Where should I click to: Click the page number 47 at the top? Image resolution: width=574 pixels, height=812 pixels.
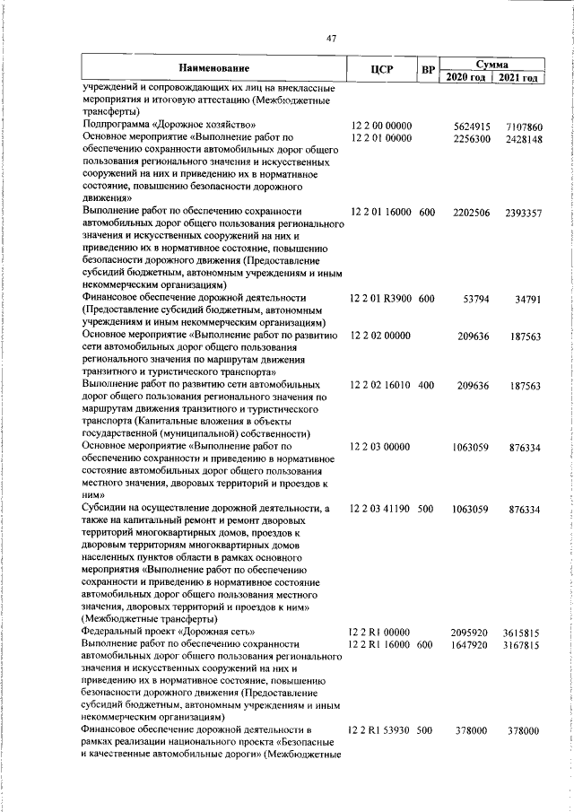pyautogui.click(x=331, y=38)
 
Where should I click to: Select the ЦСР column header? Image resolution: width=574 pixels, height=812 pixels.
pyautogui.click(x=382, y=70)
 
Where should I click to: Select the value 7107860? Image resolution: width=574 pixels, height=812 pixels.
pyautogui.click(x=523, y=127)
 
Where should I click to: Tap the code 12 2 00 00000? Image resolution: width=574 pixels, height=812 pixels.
pyautogui.click(x=381, y=127)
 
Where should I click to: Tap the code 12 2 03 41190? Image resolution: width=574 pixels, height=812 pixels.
pyautogui.click(x=381, y=509)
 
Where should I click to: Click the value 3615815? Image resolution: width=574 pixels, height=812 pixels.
pyautogui.click(x=523, y=632)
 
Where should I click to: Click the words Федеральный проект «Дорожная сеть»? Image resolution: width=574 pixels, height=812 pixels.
pyautogui.click(x=170, y=632)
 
